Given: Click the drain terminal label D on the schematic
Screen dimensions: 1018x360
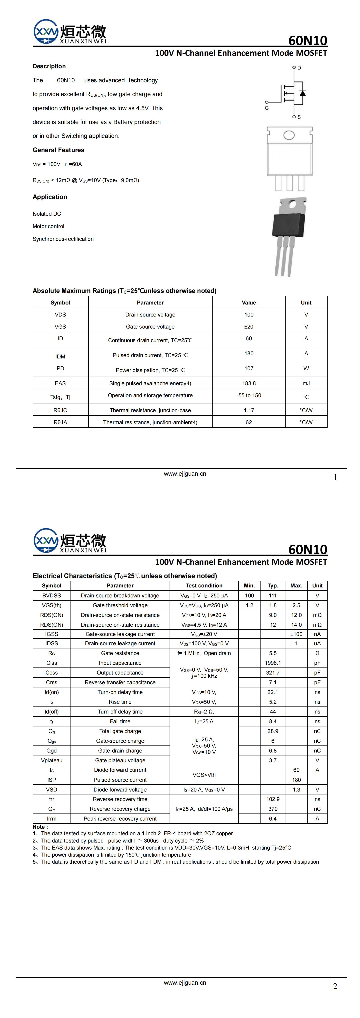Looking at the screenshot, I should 299,68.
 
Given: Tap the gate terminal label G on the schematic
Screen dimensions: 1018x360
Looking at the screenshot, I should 267,108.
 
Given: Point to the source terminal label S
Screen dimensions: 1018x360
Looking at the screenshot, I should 299,117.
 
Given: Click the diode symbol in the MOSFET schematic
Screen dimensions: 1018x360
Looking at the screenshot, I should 303,93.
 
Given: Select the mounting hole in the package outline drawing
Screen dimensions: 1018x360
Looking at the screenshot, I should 289,135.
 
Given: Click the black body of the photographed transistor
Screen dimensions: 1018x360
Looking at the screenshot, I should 289,224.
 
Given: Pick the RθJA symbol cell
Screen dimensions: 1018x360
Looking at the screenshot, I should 61,422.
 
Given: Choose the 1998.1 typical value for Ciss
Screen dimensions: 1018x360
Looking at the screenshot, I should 273,663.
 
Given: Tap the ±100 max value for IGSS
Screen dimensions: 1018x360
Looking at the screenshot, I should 296,634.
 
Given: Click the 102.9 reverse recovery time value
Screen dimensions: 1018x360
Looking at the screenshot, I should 273,799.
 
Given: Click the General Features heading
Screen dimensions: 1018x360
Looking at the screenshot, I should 58,150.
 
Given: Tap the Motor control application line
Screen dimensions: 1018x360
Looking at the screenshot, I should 48,226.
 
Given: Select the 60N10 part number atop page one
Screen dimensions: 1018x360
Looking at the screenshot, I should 307,40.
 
